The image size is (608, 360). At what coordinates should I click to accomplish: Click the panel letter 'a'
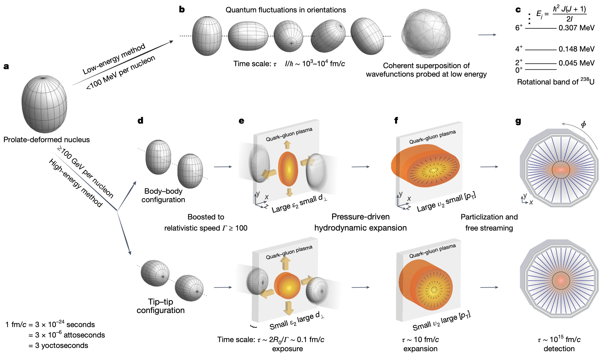pyautogui.click(x=6, y=67)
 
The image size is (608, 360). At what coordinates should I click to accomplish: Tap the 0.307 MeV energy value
pyautogui.click(x=576, y=28)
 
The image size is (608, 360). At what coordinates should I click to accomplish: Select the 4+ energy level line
pyautogui.click(x=540, y=50)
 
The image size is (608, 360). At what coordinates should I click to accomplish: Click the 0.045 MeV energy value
pyautogui.click(x=576, y=63)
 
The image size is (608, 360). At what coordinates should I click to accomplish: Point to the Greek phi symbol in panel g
pyautogui.click(x=583, y=124)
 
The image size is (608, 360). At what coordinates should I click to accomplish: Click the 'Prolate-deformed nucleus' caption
pyautogui.click(x=46, y=140)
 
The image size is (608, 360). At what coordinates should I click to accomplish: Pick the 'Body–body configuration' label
pyautogui.click(x=163, y=195)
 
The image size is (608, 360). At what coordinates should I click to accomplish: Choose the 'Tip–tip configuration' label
pyautogui.click(x=160, y=306)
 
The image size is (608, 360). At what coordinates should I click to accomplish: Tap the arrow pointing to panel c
pyautogui.click(x=487, y=35)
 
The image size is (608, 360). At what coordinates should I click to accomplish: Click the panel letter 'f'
pyautogui.click(x=396, y=121)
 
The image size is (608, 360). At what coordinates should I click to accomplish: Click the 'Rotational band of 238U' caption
pyautogui.click(x=555, y=82)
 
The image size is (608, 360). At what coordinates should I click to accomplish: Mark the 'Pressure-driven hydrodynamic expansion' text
pyautogui.click(x=360, y=222)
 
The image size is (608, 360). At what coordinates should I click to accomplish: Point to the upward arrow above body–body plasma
pyautogui.click(x=287, y=144)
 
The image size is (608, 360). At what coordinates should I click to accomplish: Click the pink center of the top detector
pyautogui.click(x=561, y=170)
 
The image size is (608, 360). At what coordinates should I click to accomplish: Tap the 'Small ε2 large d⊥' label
pyautogui.click(x=296, y=321)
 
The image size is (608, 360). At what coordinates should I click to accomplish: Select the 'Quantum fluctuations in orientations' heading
pyautogui.click(x=286, y=10)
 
